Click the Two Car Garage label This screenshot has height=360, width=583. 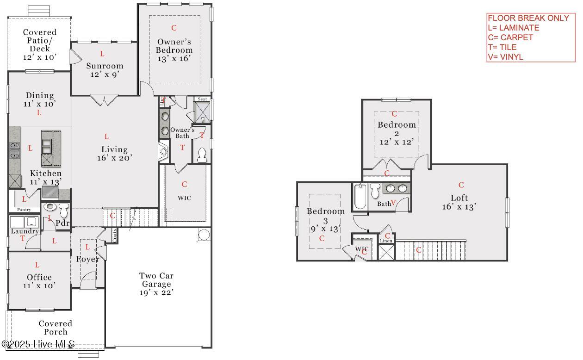156,284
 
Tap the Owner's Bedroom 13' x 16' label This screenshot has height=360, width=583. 174,50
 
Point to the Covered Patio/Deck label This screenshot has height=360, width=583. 40,44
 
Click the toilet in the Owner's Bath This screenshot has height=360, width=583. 202,155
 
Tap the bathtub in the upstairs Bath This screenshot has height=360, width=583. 360,198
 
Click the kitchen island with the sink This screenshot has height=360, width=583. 51,148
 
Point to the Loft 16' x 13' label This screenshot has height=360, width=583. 459,202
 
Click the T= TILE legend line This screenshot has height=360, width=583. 502,47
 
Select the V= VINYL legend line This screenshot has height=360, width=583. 505,57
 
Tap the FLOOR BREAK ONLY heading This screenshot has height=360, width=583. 528,18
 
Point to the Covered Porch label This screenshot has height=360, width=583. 55,328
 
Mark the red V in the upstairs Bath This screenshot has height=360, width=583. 393,203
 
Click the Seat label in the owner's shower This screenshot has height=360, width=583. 202,99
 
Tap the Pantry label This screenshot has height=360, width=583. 24,210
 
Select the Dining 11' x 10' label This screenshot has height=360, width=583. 39,100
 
